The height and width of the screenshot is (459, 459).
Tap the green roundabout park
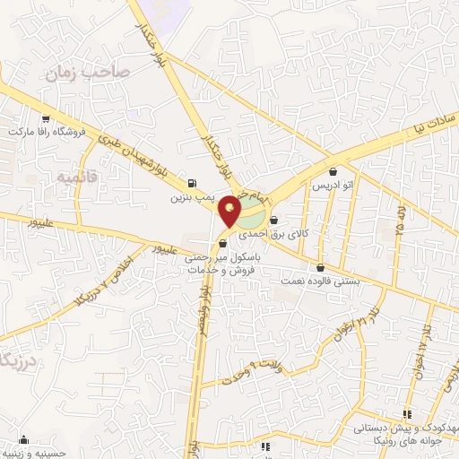251,215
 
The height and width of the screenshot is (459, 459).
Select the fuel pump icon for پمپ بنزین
194,177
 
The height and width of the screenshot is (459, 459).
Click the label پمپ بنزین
194,191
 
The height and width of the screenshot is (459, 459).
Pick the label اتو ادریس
333,184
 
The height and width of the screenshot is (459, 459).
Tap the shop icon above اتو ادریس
333,170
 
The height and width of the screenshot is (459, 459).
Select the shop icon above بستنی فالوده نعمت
320,267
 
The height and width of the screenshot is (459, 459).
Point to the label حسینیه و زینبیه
32,454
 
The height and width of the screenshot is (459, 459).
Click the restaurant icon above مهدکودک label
406,414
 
